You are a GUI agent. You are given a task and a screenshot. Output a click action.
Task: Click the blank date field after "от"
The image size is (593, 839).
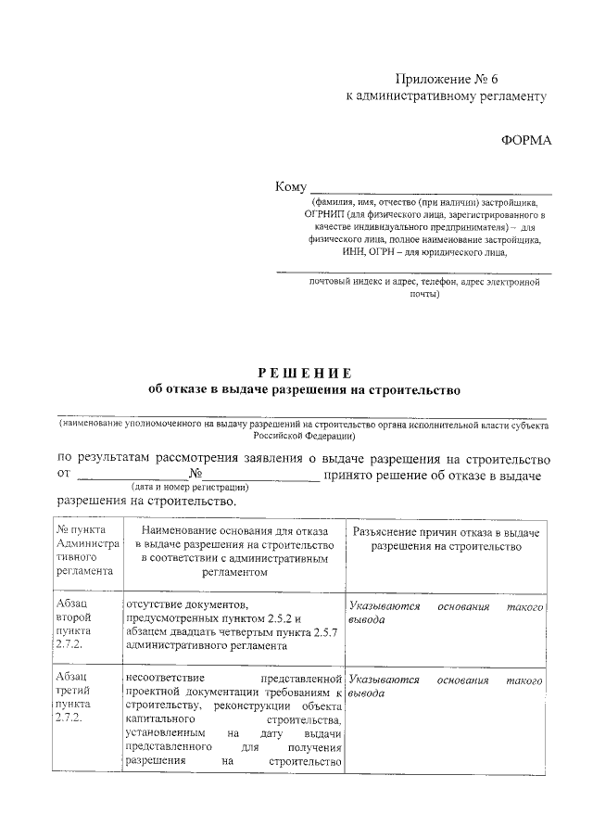pos(131,477)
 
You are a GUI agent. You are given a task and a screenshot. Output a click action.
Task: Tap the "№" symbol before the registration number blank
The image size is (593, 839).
pos(195,476)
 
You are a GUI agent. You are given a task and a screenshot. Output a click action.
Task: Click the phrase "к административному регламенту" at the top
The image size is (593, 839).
pos(446,95)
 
